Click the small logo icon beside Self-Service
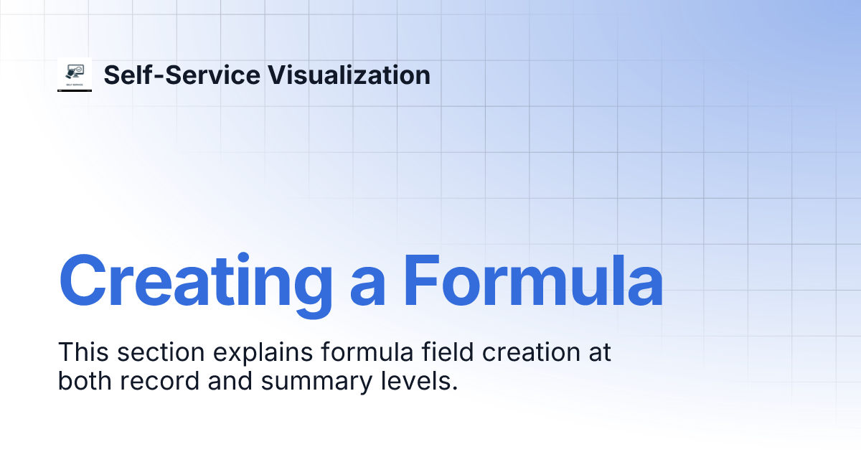pyautogui.click(x=75, y=75)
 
